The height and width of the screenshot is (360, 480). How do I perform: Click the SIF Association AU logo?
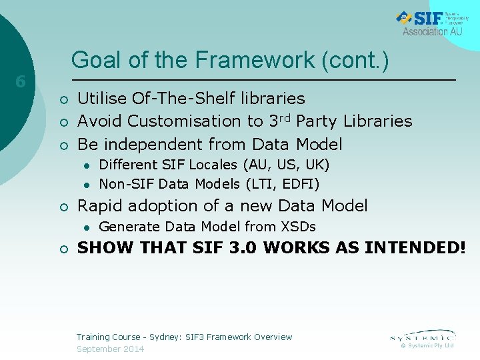pos(429,23)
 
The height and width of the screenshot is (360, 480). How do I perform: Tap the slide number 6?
pos(21,82)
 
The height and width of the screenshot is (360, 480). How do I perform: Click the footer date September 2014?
pos(110,349)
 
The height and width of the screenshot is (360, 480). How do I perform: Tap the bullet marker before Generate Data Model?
pos(87,227)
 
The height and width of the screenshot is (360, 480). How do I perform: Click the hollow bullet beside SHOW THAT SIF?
pos(63,249)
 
